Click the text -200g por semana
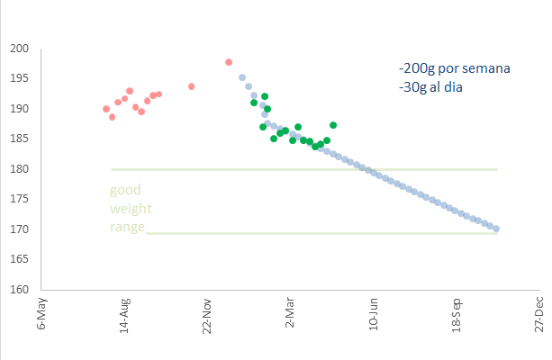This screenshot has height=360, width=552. tap(455, 69)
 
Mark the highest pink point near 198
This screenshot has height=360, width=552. tap(229, 62)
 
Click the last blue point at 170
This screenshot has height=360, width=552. tap(496, 229)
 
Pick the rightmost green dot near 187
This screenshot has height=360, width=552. tap(333, 125)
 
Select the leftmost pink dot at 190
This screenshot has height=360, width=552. tap(106, 109)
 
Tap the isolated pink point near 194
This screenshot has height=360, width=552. tap(191, 86)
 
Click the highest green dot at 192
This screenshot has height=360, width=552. tap(265, 96)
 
